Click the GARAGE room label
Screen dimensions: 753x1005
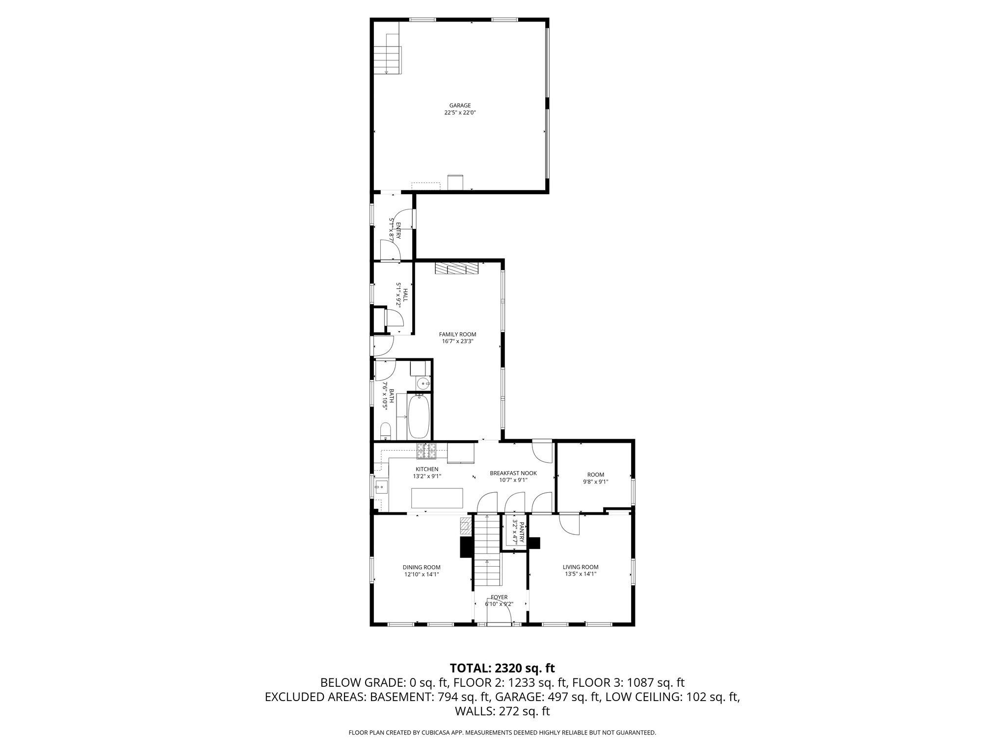[460, 105]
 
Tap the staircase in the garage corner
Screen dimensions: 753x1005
[387, 54]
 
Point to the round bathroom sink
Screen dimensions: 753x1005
[422, 383]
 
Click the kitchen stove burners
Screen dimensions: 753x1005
[426, 451]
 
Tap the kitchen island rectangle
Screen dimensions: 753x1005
[437, 498]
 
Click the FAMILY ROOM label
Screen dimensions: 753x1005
[457, 334]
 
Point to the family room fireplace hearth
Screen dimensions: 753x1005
[456, 269]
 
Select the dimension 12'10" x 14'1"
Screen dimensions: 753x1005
[422, 574]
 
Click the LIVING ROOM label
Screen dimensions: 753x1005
[581, 567]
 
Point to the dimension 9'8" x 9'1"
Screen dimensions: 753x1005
[596, 481]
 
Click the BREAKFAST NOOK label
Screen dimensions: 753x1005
[513, 473]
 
